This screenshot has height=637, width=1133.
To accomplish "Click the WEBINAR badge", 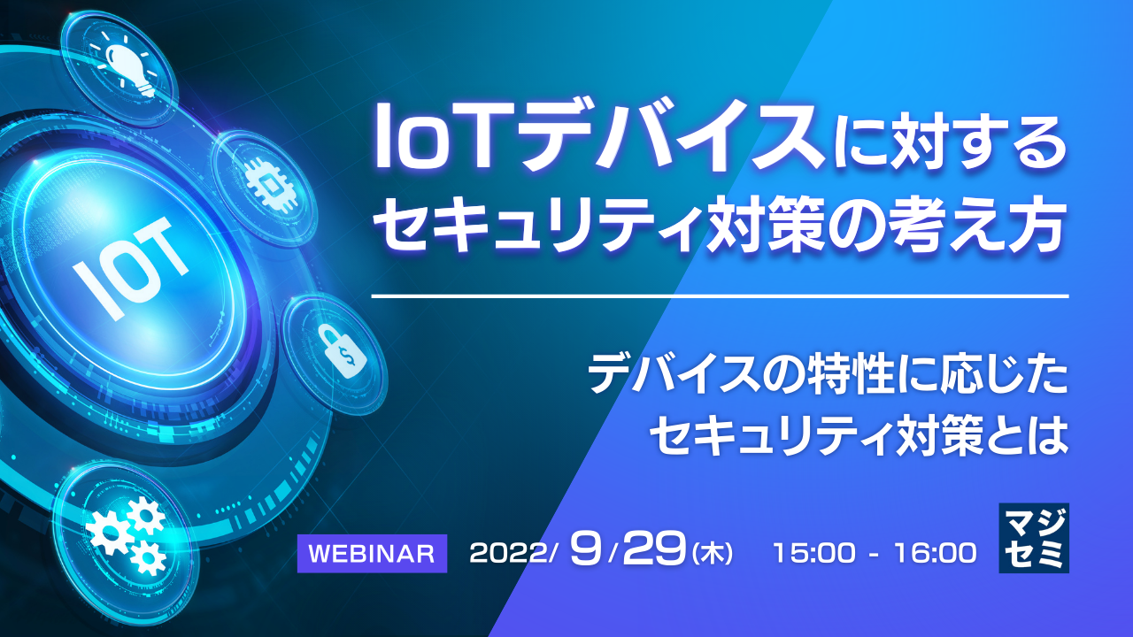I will (372, 554).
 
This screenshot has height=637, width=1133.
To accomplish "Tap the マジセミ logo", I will (1033, 537).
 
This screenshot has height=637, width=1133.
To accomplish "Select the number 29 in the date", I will (654, 551).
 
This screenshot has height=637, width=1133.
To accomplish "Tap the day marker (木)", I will (712, 555).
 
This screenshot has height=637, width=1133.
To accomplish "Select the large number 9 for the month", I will (586, 551).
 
